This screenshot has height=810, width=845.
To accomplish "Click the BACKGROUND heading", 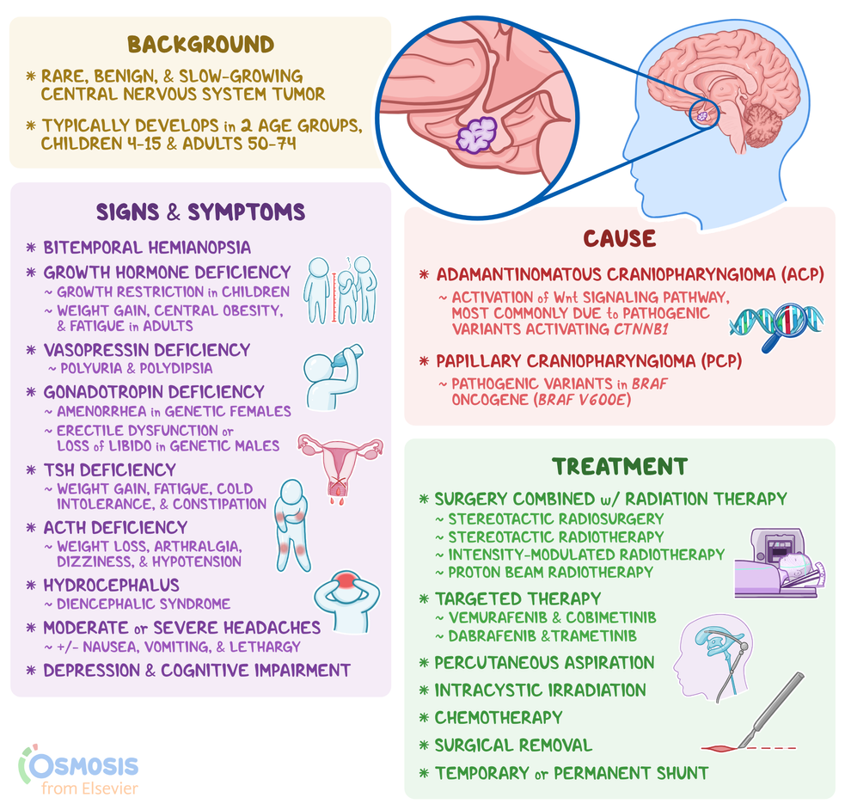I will (x=200, y=45).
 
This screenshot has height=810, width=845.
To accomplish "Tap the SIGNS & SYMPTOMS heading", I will (x=200, y=212).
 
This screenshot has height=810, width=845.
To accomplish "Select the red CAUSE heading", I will (x=619, y=237).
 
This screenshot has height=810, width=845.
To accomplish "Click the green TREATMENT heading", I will (x=619, y=467).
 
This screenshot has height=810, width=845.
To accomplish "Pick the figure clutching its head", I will (x=346, y=602).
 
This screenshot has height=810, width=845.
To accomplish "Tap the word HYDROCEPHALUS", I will (x=112, y=586).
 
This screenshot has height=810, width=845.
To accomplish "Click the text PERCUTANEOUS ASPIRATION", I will (x=544, y=662).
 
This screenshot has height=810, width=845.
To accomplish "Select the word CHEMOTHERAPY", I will (x=499, y=717).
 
